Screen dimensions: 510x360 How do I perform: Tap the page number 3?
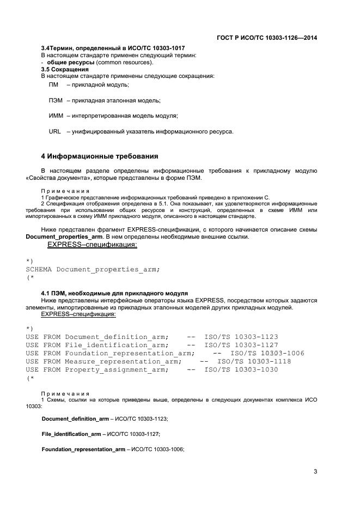(x=315, y=471)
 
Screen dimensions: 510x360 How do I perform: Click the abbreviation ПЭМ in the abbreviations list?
(x=56, y=101)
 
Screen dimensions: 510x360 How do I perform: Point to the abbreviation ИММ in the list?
(x=56, y=116)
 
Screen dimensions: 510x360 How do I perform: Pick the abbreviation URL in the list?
(x=55, y=132)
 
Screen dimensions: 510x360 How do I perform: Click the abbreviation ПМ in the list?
(x=53, y=85)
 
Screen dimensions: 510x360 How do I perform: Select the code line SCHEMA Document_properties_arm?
(x=93, y=269)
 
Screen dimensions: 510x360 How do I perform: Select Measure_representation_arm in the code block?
(x=121, y=361)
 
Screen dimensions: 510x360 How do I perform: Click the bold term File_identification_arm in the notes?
(x=71, y=434)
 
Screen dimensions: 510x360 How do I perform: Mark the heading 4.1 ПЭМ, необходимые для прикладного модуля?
(x=114, y=293)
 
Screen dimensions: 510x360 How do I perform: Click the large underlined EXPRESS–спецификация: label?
(x=92, y=245)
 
